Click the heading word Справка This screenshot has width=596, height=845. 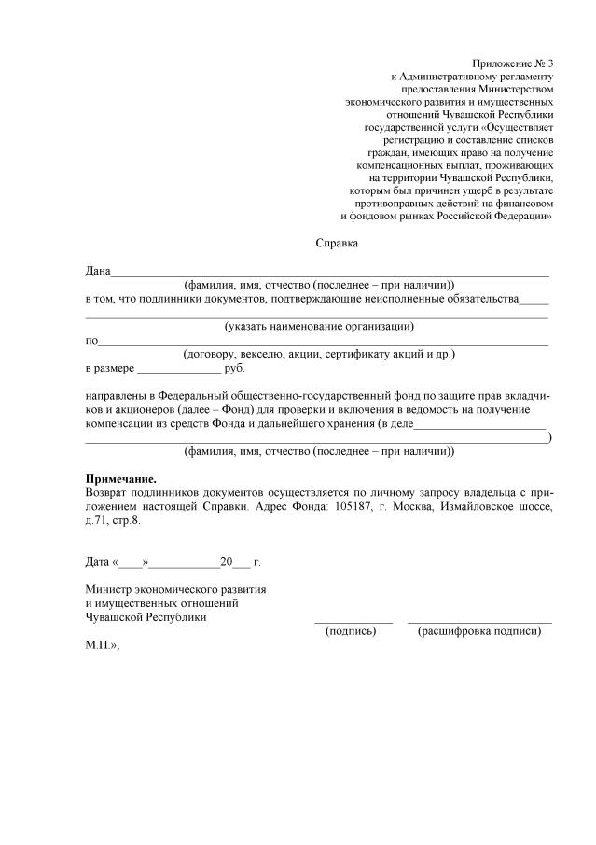[x=338, y=244]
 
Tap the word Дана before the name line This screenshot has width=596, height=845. [x=98, y=271]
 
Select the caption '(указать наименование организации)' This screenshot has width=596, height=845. [x=319, y=327]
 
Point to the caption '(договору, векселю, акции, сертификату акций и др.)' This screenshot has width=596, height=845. [x=319, y=355]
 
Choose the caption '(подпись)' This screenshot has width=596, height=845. [x=351, y=631]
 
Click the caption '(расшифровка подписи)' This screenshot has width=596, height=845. [x=480, y=631]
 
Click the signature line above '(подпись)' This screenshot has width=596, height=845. [x=353, y=621]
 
